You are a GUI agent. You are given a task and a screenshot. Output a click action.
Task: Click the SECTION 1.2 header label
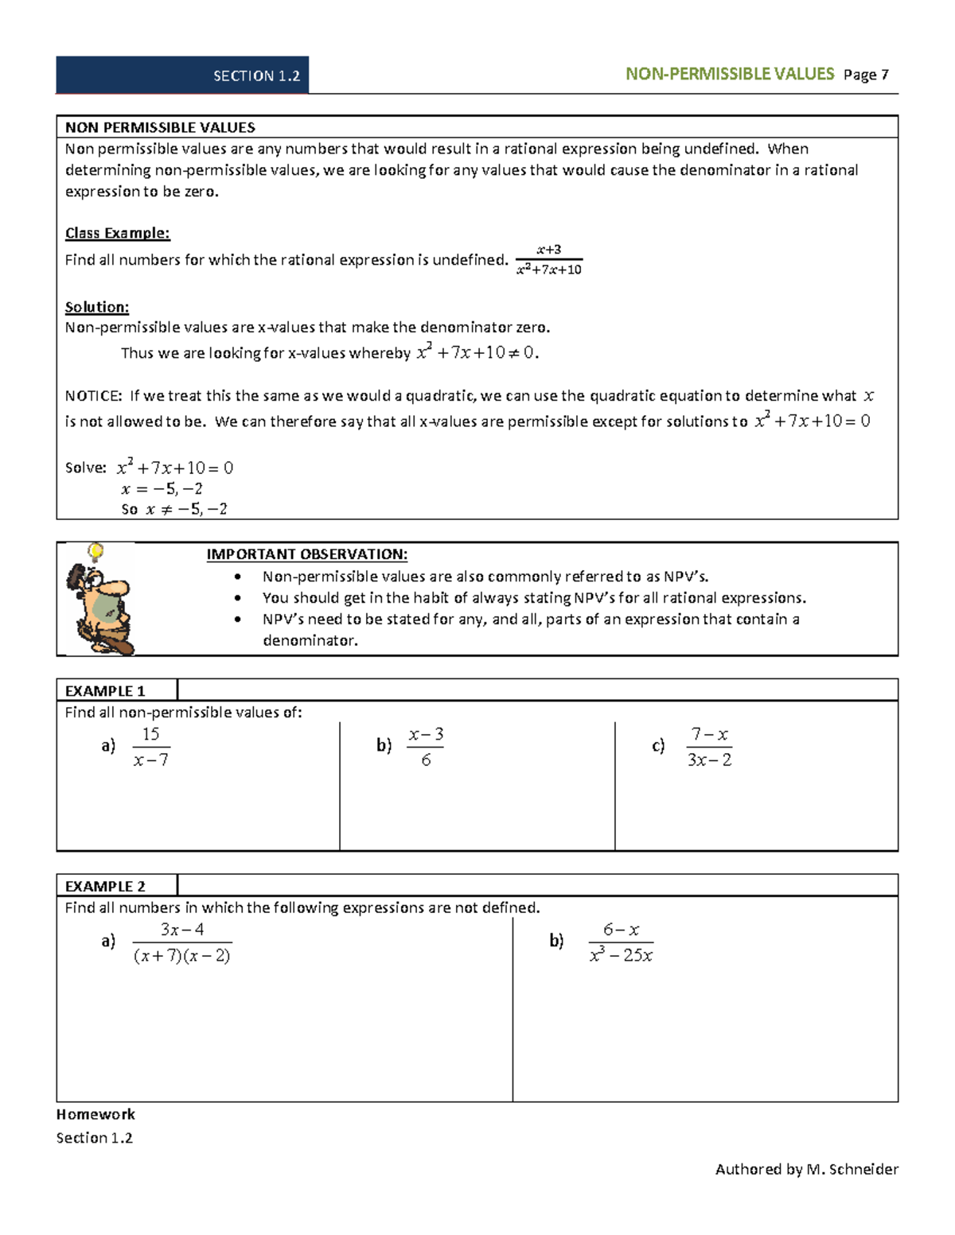pos(256,76)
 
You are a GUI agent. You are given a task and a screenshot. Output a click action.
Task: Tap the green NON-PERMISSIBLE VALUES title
pos(729,75)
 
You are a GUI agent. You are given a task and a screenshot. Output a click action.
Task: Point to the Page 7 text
pos(866,76)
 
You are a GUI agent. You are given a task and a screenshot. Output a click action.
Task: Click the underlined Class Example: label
pos(117,233)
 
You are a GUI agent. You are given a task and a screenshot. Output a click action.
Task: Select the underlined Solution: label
pos(96,307)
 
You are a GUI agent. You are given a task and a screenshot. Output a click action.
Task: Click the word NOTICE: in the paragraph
pos(93,396)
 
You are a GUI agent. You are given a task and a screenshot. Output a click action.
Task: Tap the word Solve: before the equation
pos(85,468)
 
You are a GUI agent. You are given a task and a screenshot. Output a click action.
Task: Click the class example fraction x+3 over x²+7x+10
pos(549,260)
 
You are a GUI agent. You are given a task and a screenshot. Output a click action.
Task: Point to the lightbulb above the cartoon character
pos(95,550)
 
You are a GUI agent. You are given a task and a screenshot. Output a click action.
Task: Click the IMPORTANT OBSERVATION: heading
pos(306,554)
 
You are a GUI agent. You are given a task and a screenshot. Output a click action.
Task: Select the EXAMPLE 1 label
pos(104,691)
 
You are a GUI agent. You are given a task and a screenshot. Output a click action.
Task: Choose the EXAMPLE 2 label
pos(104,887)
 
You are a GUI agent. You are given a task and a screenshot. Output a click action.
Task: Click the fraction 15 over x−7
pos(150,747)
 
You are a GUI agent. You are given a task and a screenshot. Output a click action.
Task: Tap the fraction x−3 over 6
pos(426,747)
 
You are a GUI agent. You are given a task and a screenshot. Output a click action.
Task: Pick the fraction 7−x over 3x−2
pos(709,747)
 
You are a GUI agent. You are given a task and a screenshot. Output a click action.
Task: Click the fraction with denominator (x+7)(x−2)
pos(182,942)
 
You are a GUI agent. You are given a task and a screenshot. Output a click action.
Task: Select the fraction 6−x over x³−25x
pos(621,942)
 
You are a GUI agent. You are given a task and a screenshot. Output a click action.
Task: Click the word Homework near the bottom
pos(95,1114)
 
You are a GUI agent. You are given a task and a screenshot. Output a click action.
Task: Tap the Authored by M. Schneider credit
pos(806,1169)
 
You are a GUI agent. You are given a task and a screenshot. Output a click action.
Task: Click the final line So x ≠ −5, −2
pos(174,509)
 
